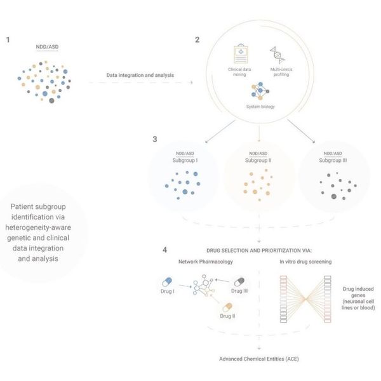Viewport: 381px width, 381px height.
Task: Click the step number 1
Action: click(8, 39)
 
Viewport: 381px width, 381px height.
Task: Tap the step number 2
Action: click(197, 39)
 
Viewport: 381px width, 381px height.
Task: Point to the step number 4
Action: click(165, 250)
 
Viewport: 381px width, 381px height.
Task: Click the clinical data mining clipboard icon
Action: click(242, 55)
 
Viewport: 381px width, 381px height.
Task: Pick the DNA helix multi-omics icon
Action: click(277, 55)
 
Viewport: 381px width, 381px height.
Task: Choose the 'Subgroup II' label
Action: click(258, 160)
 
